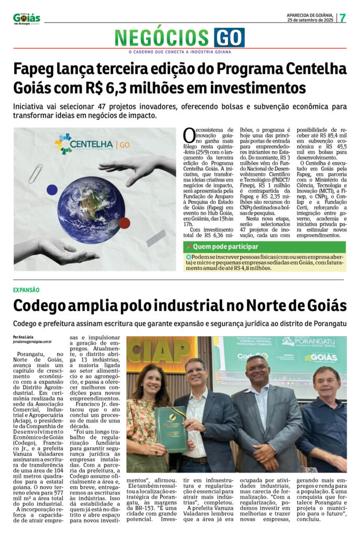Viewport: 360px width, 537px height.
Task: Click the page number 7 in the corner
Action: pos(343,17)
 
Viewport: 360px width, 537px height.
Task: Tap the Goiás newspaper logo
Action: pos(27,18)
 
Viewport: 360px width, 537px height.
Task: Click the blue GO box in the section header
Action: pos(229,38)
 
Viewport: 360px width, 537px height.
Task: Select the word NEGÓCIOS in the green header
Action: pos(162,38)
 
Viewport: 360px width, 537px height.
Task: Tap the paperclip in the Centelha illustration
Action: pos(36,173)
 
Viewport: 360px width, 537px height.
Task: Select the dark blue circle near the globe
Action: pos(52,190)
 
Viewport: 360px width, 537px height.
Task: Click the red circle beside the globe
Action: pos(124,223)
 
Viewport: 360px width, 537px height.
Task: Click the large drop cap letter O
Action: pos(189,135)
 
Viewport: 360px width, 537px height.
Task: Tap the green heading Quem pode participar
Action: pos(225,246)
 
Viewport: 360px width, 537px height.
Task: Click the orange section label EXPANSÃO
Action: pos(26,290)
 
